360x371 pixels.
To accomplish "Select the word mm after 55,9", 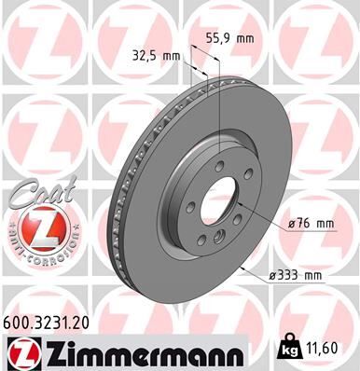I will tap(245, 39).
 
